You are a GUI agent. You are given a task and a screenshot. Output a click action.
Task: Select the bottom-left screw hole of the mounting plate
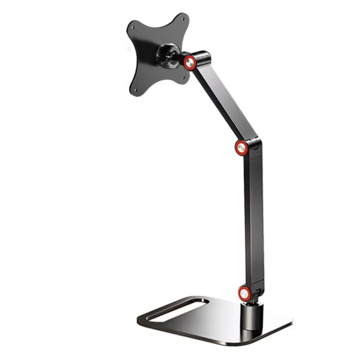click(x=136, y=88)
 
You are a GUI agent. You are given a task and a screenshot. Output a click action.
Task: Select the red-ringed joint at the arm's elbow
click(x=242, y=148)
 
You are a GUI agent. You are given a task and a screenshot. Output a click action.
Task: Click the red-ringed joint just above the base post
click(x=244, y=292)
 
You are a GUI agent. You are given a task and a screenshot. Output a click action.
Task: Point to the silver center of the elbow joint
click(x=242, y=148)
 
